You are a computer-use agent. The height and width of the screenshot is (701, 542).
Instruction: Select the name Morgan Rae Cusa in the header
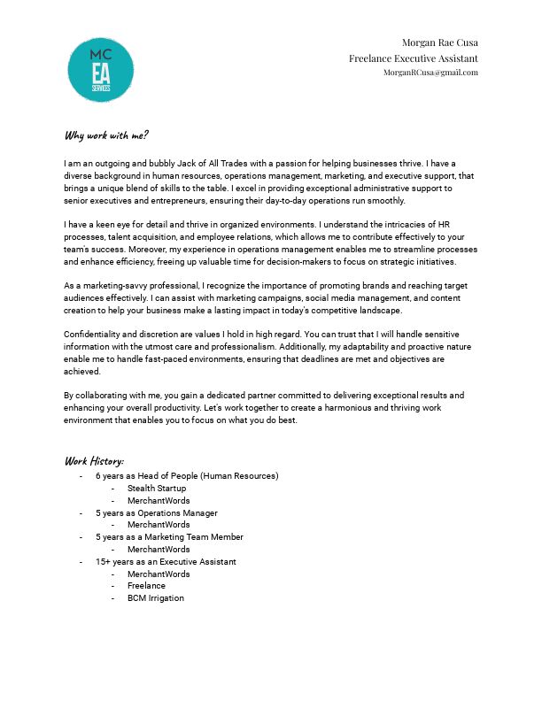(440, 42)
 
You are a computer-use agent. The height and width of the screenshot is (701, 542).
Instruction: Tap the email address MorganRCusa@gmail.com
(430, 73)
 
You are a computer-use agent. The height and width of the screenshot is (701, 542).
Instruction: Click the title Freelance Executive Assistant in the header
(414, 58)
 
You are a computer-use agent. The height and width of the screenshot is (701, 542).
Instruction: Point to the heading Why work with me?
(106, 135)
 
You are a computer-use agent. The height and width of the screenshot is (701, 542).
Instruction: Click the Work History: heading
(94, 461)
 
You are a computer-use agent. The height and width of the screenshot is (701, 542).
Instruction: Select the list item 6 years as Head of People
(187, 476)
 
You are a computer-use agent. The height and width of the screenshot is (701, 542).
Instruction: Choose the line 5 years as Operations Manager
(157, 513)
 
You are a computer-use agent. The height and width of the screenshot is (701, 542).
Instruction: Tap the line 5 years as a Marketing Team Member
(169, 537)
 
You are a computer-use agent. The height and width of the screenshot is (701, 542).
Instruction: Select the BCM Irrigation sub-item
(156, 598)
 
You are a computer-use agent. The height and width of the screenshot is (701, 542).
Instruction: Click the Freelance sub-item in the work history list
(146, 586)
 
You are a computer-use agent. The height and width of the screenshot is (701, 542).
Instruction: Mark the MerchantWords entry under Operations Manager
(159, 525)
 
